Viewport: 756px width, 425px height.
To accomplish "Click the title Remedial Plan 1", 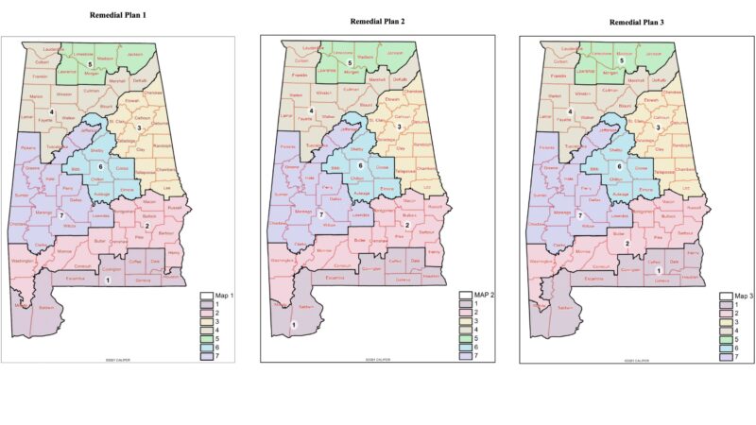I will coord(123,16).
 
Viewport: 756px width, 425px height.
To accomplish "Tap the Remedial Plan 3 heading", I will coord(643,21).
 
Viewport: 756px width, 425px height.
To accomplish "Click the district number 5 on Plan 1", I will coord(90,64).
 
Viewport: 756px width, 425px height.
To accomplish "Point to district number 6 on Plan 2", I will coord(360,166).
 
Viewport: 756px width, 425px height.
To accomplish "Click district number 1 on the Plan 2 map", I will coord(295,326).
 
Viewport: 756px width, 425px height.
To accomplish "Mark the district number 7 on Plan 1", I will coord(60,216).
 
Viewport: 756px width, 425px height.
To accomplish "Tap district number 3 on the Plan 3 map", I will coord(658,126).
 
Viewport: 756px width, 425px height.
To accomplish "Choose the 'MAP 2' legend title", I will coord(485,295).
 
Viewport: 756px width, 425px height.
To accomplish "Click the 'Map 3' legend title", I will coord(744,296).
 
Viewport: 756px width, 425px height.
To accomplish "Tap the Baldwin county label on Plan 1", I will coord(47,305).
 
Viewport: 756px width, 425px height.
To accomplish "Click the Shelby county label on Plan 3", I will coord(615,149).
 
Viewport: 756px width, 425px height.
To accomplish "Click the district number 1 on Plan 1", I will coord(108,280).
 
